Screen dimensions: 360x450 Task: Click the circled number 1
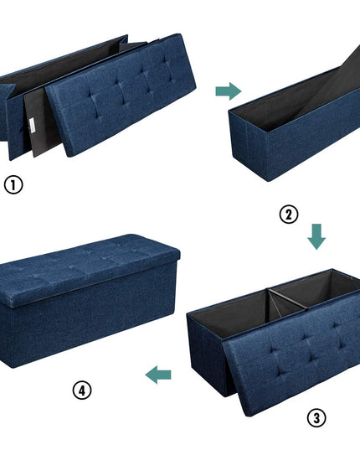click(x=13, y=184)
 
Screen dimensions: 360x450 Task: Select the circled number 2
click(x=289, y=214)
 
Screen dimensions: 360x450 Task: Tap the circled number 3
click(x=316, y=418)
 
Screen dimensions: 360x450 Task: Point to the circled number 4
click(x=82, y=391)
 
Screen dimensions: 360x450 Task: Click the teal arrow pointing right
click(x=229, y=91)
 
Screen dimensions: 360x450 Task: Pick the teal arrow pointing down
click(x=316, y=237)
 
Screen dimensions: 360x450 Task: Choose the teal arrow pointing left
click(x=158, y=375)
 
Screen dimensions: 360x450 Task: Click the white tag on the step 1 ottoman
click(x=32, y=126)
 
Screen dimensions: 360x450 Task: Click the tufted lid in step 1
click(x=121, y=95)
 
